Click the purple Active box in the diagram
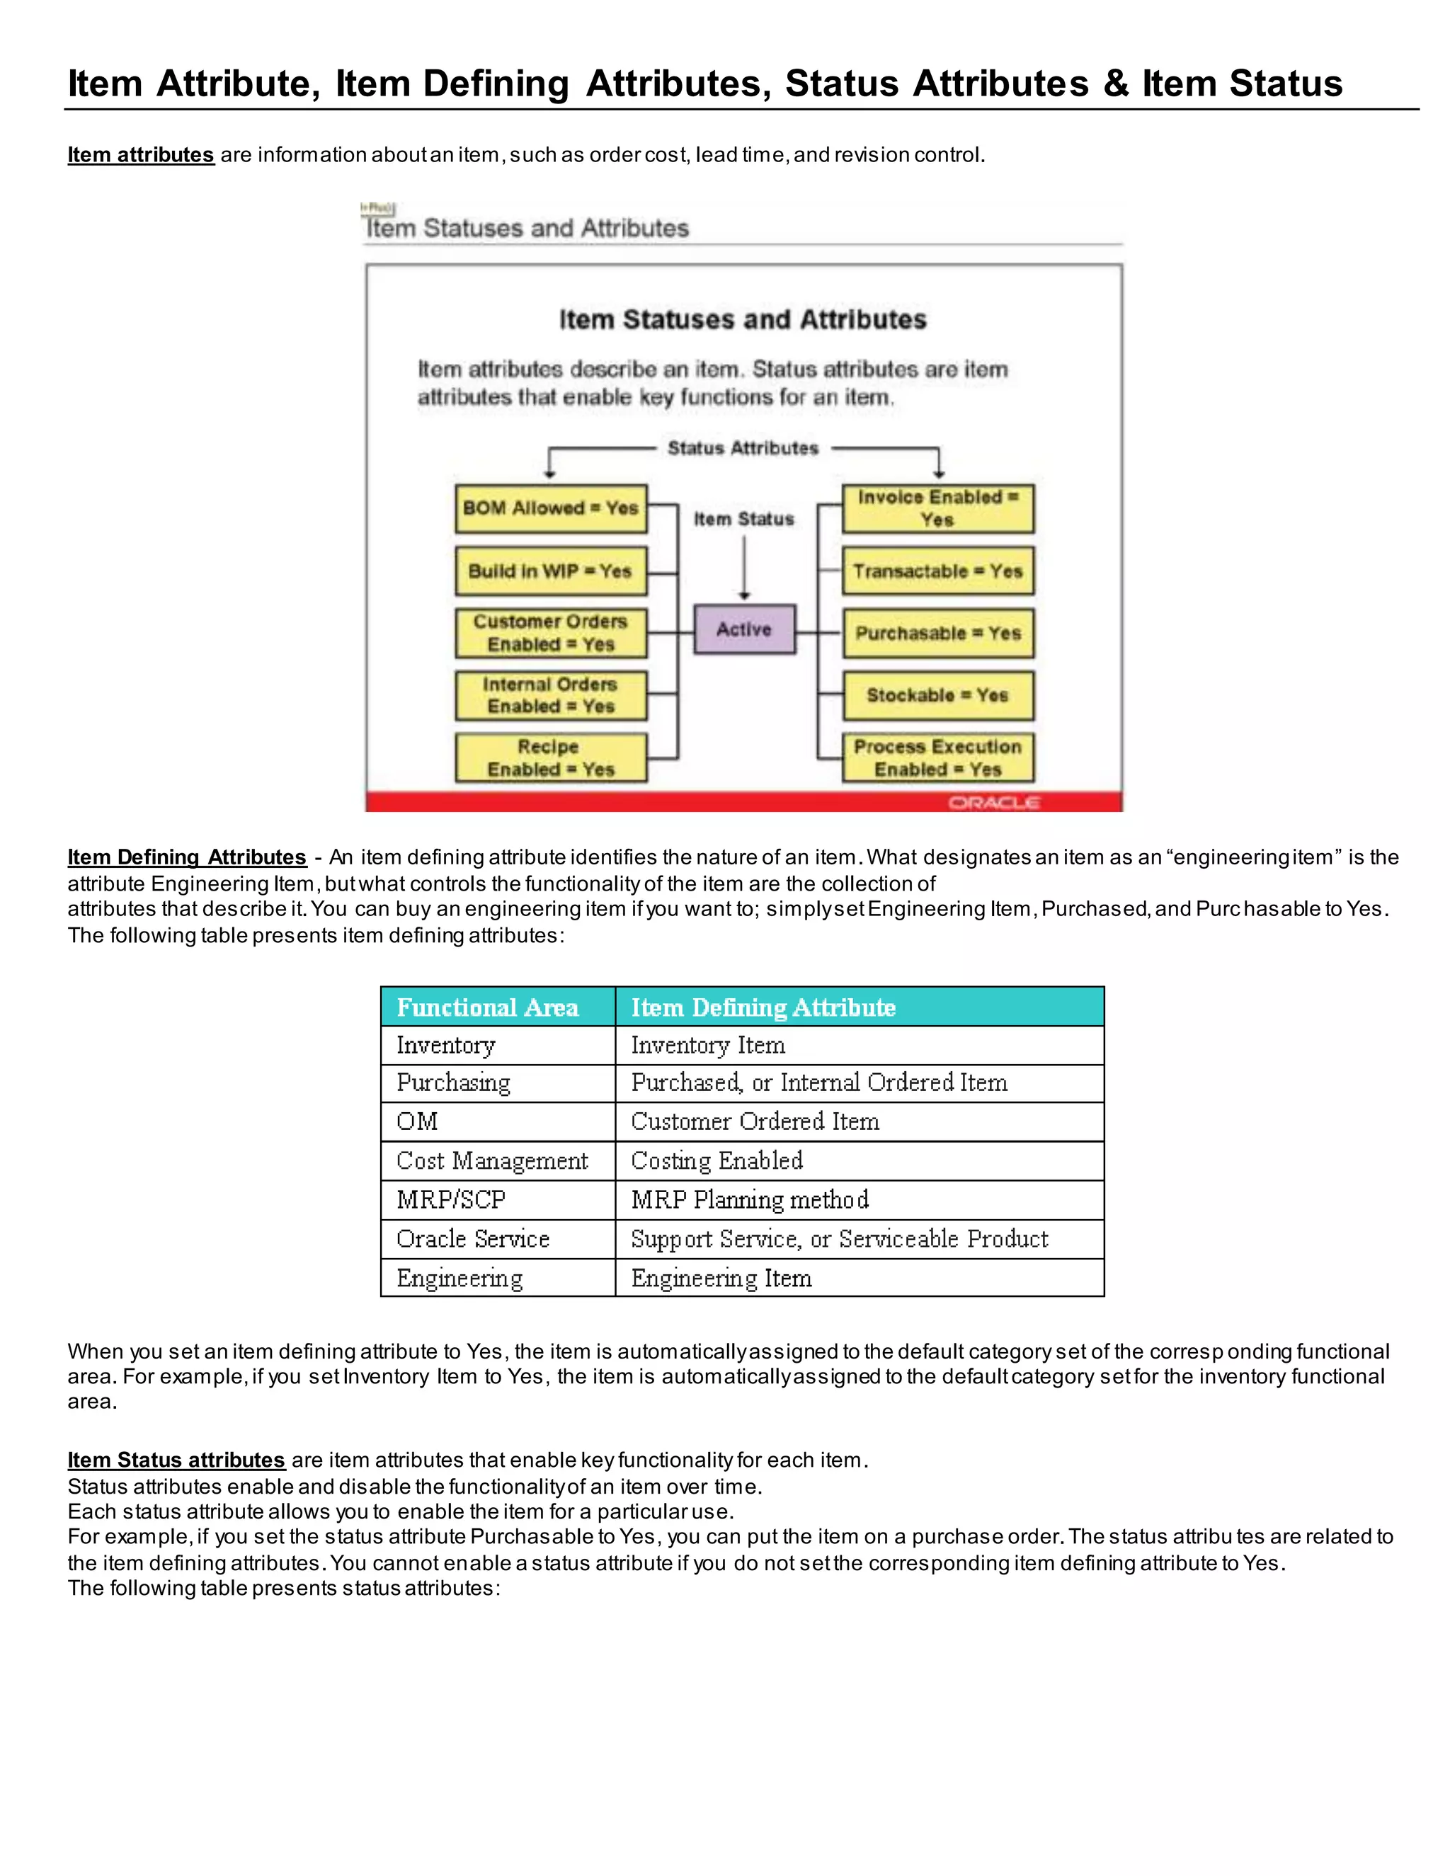(x=744, y=629)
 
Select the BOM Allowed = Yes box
(x=551, y=508)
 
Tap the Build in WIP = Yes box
(x=551, y=571)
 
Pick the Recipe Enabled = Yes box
(x=551, y=757)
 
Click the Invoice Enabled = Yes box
(x=937, y=508)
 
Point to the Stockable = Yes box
(x=937, y=695)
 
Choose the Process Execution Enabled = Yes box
(x=937, y=757)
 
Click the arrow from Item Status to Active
(x=744, y=567)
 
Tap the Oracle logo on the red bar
(x=994, y=802)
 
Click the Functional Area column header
(x=488, y=1007)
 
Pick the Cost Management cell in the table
(x=492, y=1160)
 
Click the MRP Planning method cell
(x=750, y=1199)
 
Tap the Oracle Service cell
(x=474, y=1239)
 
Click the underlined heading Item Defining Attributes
(x=186, y=857)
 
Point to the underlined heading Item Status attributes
(x=176, y=1460)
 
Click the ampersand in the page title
(x=1115, y=84)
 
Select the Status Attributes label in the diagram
(x=743, y=448)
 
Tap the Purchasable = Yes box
(x=937, y=633)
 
